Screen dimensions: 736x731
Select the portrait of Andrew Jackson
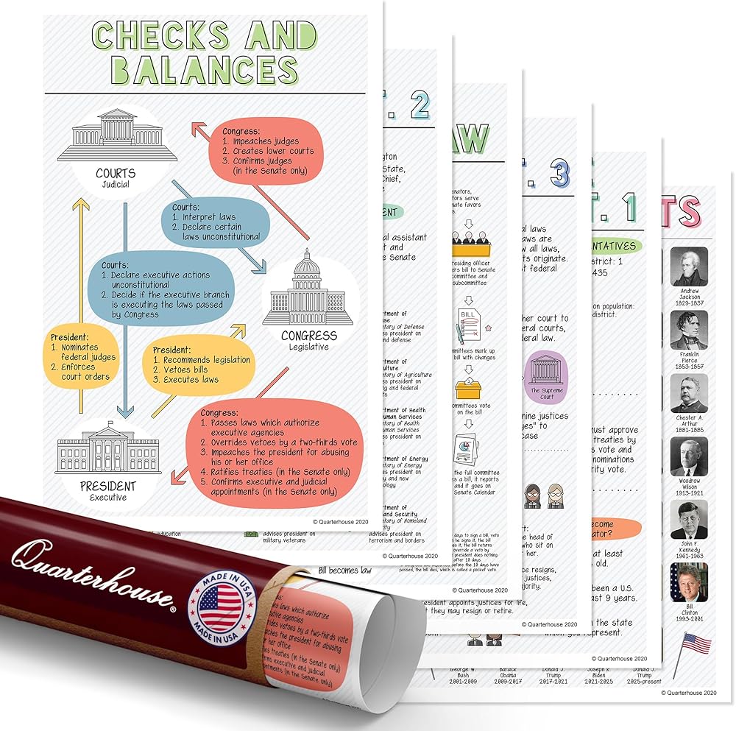(689, 266)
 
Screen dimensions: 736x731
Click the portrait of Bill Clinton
(689, 582)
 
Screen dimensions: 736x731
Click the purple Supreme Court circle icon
(547, 377)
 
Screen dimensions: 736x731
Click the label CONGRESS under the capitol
(309, 336)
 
